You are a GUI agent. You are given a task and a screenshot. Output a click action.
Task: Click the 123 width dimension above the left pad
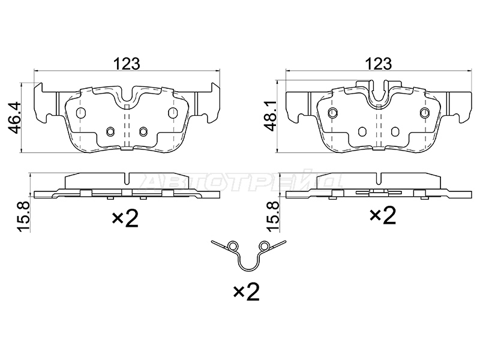click(127, 64)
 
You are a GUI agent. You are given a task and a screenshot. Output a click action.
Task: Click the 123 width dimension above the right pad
click(379, 64)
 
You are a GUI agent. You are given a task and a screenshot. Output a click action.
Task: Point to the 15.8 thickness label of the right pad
click(273, 217)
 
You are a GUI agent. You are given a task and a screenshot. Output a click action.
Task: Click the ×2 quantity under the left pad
click(125, 218)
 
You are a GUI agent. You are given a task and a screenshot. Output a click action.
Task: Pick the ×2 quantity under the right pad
click(383, 215)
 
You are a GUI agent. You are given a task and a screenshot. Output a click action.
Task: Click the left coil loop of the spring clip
click(233, 246)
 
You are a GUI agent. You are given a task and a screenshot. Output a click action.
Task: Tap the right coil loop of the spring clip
click(263, 246)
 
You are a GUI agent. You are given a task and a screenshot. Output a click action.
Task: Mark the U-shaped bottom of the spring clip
click(248, 269)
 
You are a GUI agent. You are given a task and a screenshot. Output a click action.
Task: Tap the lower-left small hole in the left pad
click(110, 131)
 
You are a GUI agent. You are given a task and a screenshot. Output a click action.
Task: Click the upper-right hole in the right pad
click(425, 113)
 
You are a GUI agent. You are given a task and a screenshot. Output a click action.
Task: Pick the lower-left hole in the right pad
click(362, 131)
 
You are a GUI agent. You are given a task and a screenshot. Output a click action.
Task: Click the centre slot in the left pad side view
click(127, 179)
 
